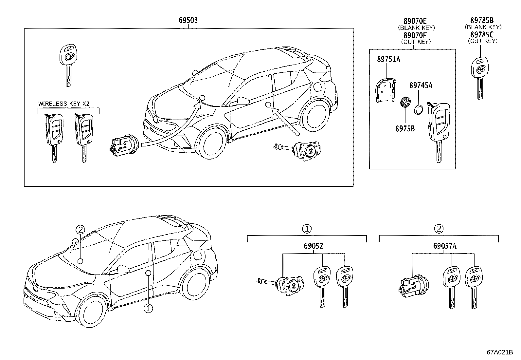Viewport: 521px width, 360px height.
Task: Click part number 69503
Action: click(x=188, y=21)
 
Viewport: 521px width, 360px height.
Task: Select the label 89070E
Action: click(x=415, y=21)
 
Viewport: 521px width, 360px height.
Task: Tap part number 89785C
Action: click(x=482, y=35)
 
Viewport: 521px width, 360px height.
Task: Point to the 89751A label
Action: click(x=388, y=59)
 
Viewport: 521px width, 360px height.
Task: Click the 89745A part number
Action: click(x=421, y=85)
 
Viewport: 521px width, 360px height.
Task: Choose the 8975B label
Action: click(x=405, y=128)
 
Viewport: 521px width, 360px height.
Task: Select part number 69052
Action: click(x=314, y=246)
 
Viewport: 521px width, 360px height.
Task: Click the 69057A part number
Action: click(x=445, y=246)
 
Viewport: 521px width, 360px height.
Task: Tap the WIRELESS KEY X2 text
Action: click(x=64, y=104)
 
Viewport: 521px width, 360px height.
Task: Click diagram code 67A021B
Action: click(x=500, y=352)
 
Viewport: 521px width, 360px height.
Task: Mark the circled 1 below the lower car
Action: click(x=148, y=309)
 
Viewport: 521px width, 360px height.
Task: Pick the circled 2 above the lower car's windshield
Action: click(x=80, y=230)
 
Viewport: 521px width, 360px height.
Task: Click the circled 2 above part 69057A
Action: click(x=439, y=229)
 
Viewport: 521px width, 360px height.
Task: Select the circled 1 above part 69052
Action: click(x=307, y=229)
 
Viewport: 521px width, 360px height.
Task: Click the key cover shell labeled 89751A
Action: click(x=386, y=91)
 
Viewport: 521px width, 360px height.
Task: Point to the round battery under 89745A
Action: click(x=419, y=110)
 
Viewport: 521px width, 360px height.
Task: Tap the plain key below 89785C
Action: click(x=479, y=78)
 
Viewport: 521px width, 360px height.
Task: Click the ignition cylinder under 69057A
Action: click(x=414, y=286)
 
